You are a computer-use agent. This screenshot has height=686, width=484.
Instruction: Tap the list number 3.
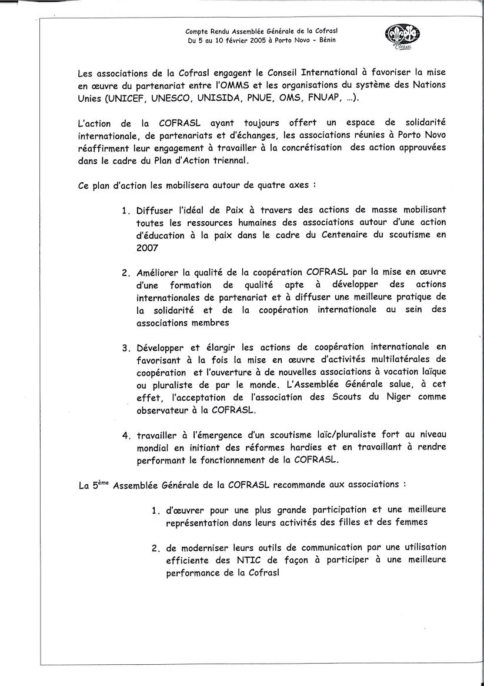[125, 347]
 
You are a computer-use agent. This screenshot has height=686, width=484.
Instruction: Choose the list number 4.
[125, 436]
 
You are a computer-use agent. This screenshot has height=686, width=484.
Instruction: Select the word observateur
[166, 409]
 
